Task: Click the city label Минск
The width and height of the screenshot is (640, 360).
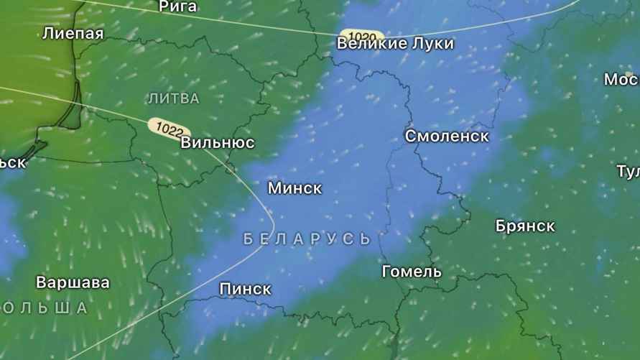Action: tap(295, 188)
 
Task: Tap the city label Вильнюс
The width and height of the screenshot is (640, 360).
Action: tap(217, 142)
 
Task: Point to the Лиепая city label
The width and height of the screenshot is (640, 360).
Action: tap(73, 33)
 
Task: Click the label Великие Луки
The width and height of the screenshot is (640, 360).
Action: tap(395, 44)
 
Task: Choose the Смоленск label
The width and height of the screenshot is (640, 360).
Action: tap(447, 136)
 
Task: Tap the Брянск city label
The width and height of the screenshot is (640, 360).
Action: tap(525, 226)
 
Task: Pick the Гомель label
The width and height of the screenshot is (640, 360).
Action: tap(412, 272)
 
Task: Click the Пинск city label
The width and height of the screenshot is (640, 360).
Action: tap(245, 289)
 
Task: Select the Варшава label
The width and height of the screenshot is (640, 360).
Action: tap(73, 282)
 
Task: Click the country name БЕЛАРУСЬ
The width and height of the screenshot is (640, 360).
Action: tap(307, 239)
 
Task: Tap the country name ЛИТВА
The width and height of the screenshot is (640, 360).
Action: tap(173, 98)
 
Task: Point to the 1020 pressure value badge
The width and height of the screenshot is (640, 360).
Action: tap(363, 35)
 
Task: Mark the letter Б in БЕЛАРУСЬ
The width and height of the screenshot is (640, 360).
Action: tap(249, 239)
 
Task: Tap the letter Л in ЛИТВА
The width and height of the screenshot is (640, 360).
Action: tap(152, 98)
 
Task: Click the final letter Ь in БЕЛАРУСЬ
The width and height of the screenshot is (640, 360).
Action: tap(365, 239)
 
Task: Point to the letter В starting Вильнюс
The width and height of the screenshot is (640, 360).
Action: tap(186, 142)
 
